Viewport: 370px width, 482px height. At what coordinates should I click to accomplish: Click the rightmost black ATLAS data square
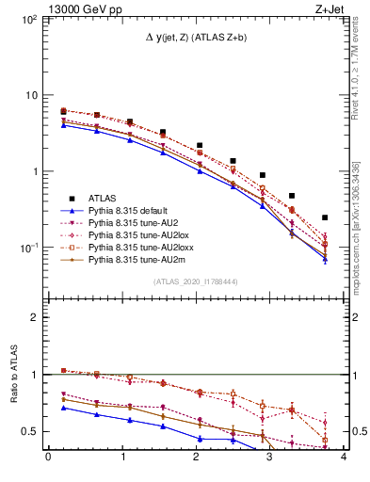click(x=325, y=217)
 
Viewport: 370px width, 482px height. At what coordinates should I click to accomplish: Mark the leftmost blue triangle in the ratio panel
click(x=63, y=408)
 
